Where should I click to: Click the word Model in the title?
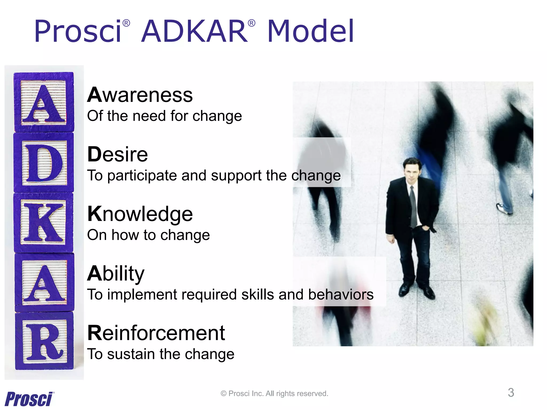tap(310, 31)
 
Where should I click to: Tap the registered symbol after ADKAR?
tap(251, 23)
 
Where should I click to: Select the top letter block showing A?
tap(44, 102)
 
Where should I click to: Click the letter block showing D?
tap(44, 163)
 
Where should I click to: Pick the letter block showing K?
tap(44, 223)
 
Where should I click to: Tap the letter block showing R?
tap(44, 341)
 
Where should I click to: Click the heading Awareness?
tap(140, 95)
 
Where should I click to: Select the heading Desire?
tap(118, 155)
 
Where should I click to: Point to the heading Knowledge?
tap(140, 214)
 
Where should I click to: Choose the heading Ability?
tap(116, 274)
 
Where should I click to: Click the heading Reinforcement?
tap(156, 333)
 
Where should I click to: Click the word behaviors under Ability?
tap(341, 295)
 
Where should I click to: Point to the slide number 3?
tap(511, 393)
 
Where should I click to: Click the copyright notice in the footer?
tap(274, 393)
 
